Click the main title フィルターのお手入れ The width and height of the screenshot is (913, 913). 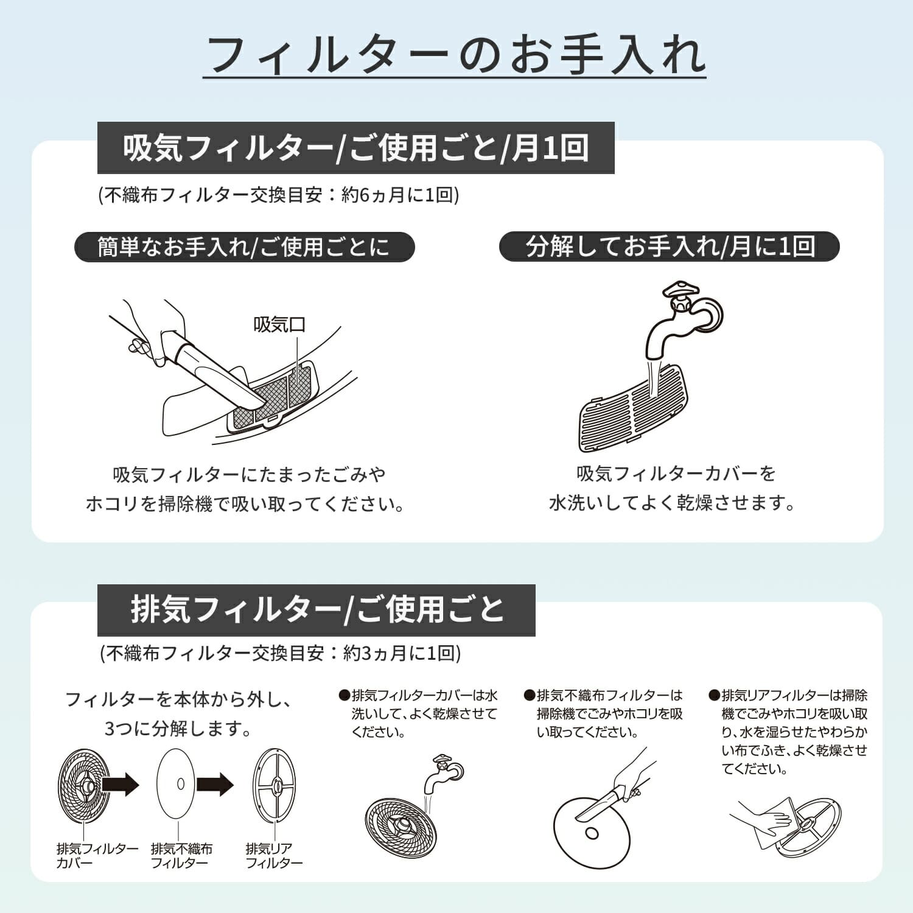[454, 55]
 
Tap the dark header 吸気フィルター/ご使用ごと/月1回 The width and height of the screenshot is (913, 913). [356, 148]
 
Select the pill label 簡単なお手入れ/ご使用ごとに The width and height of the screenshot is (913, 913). [244, 247]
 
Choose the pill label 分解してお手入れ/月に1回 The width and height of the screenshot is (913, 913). [670, 247]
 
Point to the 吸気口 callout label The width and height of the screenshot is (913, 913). [279, 324]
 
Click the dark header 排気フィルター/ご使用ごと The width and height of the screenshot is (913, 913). [317, 610]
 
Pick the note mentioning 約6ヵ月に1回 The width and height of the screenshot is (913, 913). [279, 195]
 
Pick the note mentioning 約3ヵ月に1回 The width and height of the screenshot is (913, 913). [281, 653]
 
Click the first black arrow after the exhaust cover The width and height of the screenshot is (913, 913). [120, 784]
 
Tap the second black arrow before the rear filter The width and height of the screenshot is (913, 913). [215, 784]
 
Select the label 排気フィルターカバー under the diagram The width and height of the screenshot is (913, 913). [97, 855]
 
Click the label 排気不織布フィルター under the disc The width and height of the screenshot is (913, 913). [181, 855]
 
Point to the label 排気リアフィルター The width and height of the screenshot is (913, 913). [274, 855]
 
